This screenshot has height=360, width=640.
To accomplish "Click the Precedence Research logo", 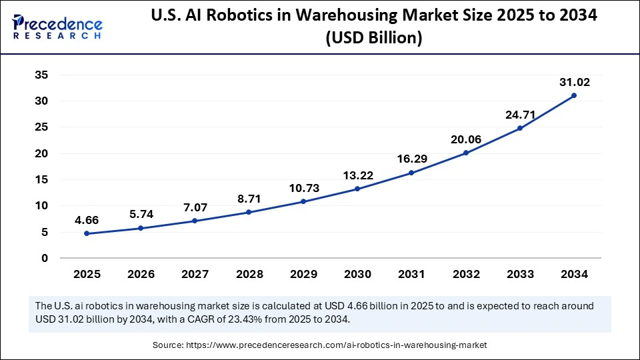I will (57, 26).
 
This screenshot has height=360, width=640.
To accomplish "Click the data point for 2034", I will (574, 95).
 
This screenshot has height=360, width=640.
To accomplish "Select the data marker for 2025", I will (87, 233).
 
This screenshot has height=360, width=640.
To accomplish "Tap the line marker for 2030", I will (357, 189).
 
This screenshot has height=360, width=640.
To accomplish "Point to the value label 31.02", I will (574, 82).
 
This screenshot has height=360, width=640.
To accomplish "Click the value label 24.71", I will (520, 115).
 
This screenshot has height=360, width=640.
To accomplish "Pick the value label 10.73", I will (303, 188).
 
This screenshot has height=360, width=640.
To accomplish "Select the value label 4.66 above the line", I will (87, 219).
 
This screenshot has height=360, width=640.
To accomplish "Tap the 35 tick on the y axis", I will (41, 75).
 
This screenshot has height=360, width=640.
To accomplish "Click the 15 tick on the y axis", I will (41, 179).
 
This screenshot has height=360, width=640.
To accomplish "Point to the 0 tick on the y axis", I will (45, 258).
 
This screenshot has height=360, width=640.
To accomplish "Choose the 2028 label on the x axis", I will (249, 274).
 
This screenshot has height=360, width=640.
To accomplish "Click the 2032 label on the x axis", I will (466, 274).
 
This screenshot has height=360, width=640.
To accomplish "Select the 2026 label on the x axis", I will (141, 274).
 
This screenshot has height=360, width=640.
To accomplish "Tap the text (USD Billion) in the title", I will (373, 39).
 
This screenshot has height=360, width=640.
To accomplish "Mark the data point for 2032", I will (466, 153).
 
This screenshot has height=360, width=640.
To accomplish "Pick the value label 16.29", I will (411, 159).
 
